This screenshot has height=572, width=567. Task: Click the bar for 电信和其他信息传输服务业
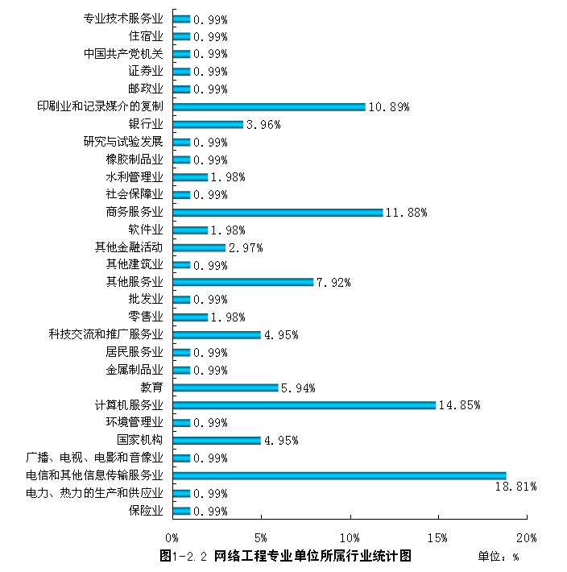(x=339, y=475)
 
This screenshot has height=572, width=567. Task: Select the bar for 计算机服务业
(x=304, y=405)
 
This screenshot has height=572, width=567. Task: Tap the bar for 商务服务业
(x=277, y=212)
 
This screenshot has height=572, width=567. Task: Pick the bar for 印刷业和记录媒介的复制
(x=268, y=106)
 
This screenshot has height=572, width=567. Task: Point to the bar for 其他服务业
(x=242, y=282)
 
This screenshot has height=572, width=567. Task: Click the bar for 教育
(x=225, y=388)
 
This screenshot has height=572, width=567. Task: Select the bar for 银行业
(x=207, y=124)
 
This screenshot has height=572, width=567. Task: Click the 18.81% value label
(x=515, y=487)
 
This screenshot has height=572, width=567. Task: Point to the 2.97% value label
(x=246, y=247)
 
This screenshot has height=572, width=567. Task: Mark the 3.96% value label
(x=263, y=125)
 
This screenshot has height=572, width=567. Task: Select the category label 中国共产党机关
(x=123, y=54)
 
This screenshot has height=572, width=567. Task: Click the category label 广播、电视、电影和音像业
(x=94, y=458)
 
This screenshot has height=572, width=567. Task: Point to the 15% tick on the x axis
(x=438, y=537)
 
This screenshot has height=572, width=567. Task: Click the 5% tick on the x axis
(x=261, y=537)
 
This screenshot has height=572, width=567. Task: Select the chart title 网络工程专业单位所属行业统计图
(x=312, y=556)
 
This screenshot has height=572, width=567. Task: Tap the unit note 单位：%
(x=499, y=557)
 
